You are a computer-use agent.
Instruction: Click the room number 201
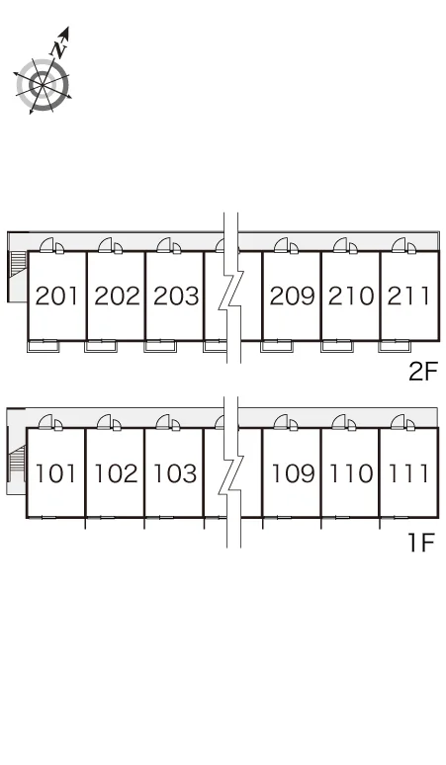(x=56, y=297)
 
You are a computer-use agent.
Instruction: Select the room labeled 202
(x=117, y=297)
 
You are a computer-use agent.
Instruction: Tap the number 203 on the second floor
(x=176, y=297)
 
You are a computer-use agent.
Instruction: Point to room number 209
(x=293, y=297)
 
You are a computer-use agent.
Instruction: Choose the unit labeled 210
(x=351, y=297)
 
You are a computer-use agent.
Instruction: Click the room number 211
(x=408, y=297)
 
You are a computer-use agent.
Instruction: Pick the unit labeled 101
(x=55, y=473)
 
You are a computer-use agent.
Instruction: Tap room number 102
(x=116, y=473)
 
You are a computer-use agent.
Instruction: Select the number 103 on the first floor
(x=175, y=473)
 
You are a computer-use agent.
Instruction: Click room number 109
(x=293, y=473)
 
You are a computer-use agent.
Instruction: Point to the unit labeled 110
(x=351, y=473)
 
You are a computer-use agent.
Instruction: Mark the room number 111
(x=408, y=473)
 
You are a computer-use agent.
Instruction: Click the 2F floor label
(x=423, y=373)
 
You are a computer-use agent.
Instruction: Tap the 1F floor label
(x=420, y=543)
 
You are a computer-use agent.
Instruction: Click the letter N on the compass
(x=58, y=49)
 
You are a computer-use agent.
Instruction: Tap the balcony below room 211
(x=395, y=346)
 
